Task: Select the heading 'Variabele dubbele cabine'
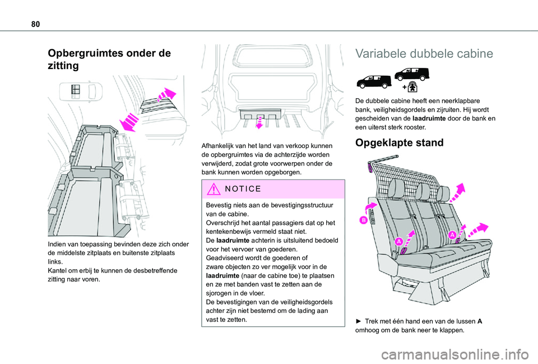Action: (424, 54)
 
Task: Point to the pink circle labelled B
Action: (363, 220)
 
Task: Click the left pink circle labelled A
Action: (398, 241)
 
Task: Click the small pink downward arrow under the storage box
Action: (259, 122)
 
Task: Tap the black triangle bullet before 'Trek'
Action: (359, 321)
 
